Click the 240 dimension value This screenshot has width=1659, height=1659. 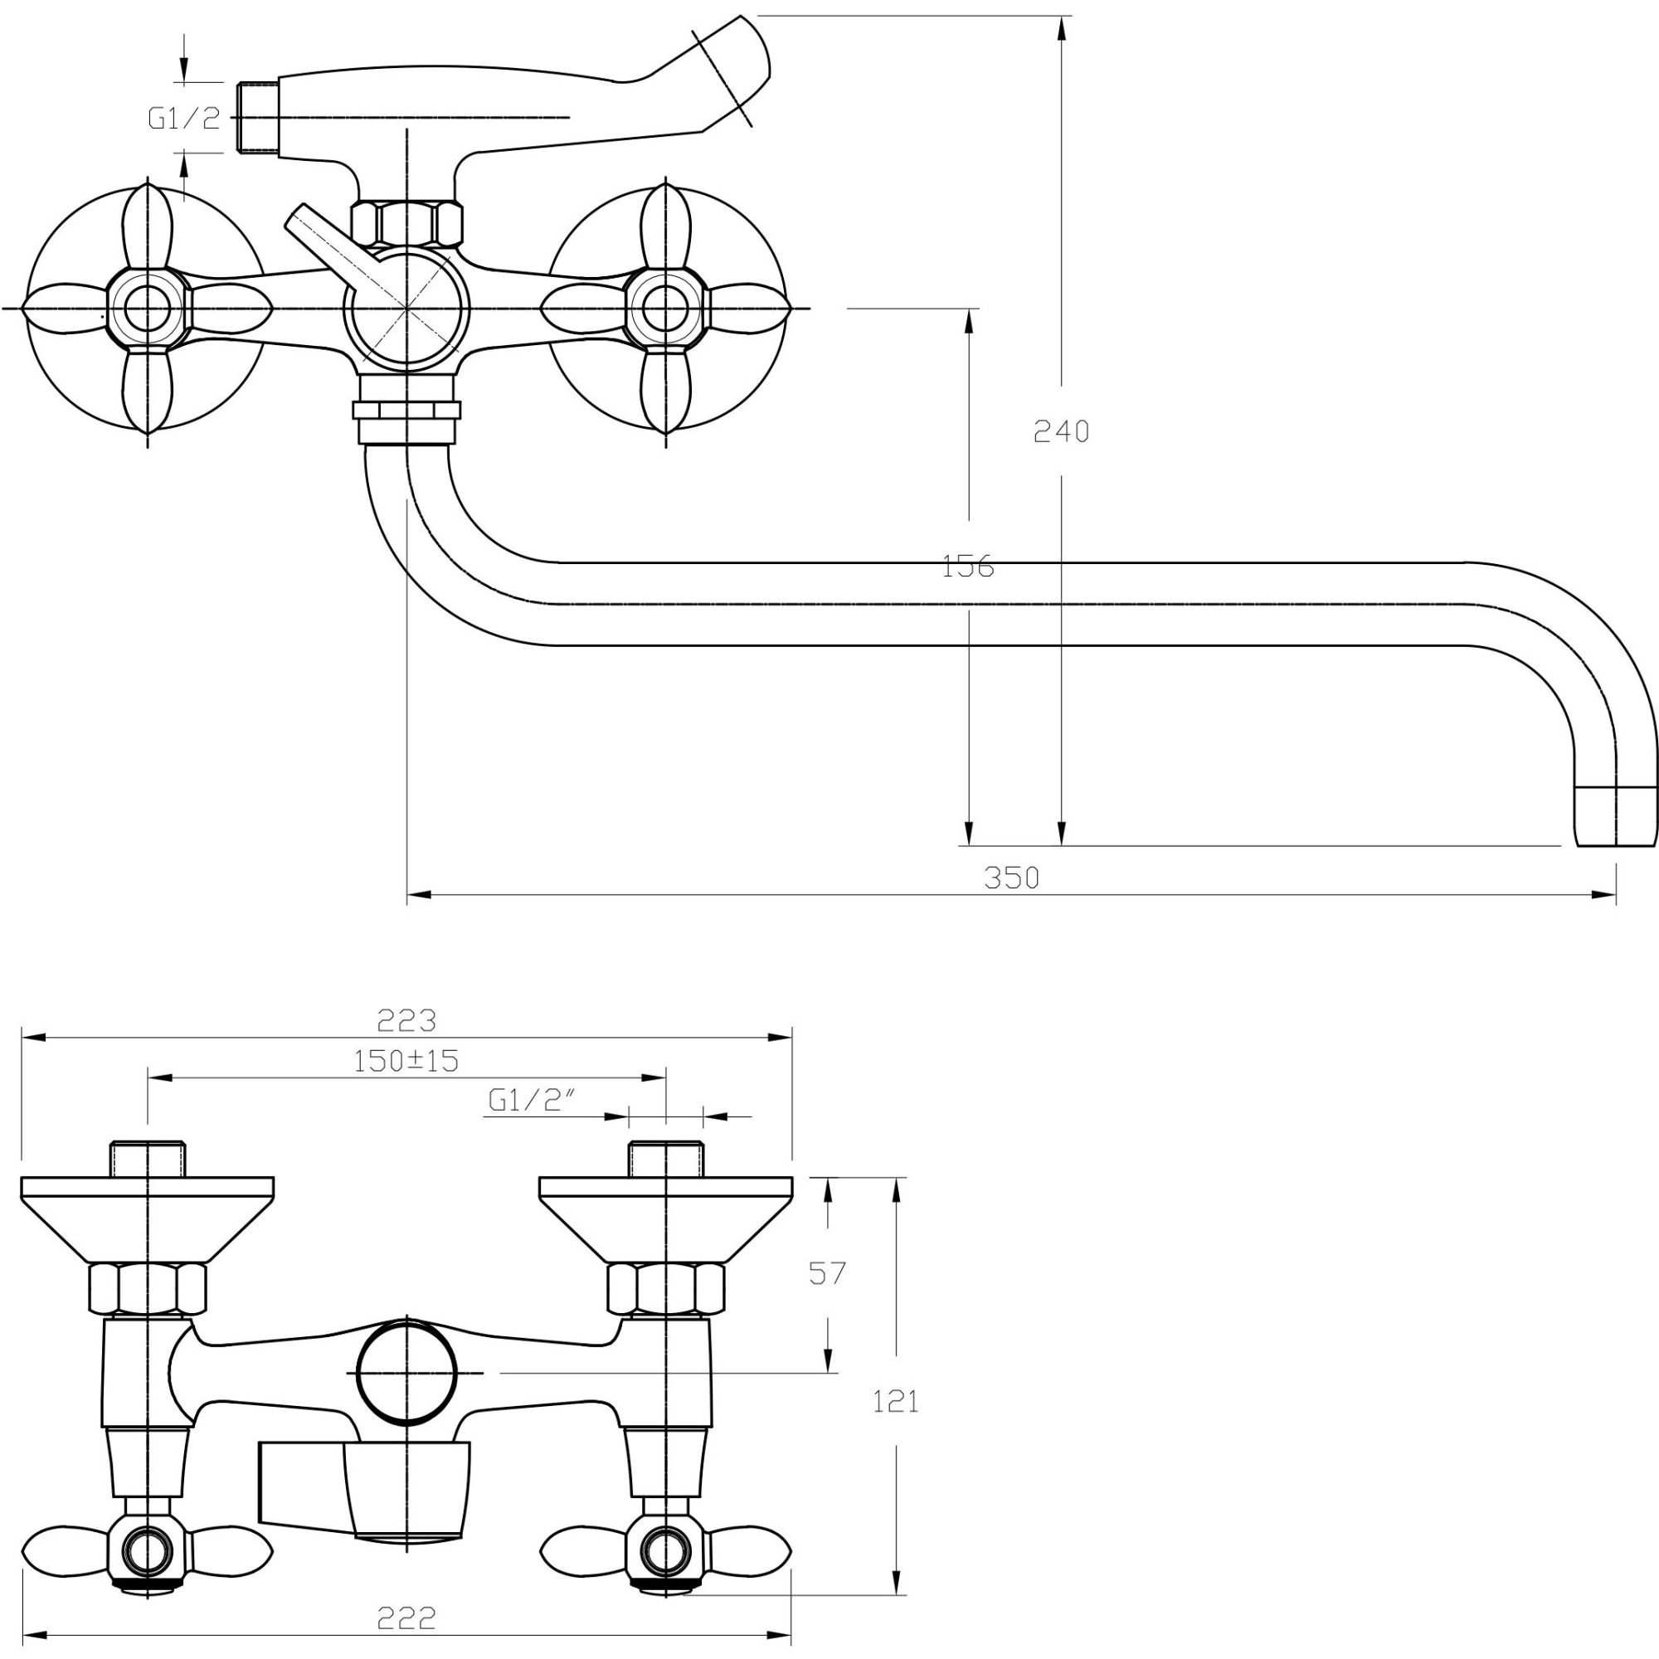point(1062,431)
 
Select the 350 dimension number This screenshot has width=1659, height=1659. point(1011,878)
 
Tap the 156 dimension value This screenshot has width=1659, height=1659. point(968,567)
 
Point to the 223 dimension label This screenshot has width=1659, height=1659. point(407,1020)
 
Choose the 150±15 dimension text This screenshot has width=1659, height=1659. point(406,1062)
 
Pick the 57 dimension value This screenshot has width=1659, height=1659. point(827,1273)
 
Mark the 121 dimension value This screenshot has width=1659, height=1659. point(896,1402)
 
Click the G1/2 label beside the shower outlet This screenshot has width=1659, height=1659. point(184,119)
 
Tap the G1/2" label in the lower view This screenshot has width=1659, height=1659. point(532,1100)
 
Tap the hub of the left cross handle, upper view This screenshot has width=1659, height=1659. point(147,309)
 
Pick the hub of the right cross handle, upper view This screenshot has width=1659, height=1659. point(665,309)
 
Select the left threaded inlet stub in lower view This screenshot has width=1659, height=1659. point(148,1160)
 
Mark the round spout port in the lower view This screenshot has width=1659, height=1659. point(407,1373)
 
